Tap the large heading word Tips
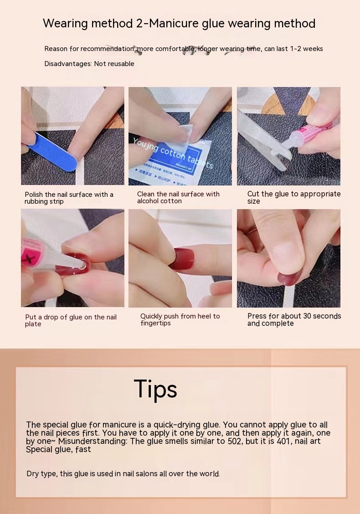155,389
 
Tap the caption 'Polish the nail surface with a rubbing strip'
69,198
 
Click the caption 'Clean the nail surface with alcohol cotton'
178,197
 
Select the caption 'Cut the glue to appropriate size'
294,197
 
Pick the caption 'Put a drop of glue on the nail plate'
71,320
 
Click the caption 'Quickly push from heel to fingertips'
180,319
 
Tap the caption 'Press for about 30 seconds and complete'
294,319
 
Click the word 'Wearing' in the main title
65,24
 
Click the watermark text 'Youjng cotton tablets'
173,153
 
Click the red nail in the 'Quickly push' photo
184,259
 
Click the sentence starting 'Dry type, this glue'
123,474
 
